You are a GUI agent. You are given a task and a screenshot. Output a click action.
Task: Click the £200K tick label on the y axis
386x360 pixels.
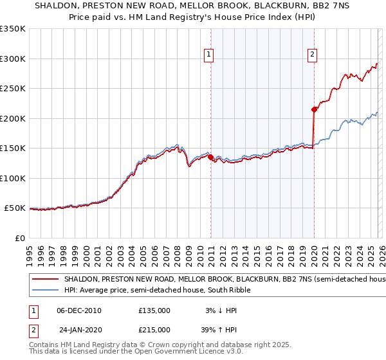point(13,118)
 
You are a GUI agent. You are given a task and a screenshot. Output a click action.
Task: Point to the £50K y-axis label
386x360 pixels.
point(15,208)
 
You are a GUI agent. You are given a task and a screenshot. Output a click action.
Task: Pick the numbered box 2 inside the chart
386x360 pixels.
point(312,55)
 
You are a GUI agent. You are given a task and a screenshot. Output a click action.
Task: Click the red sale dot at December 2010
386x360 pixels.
point(210,157)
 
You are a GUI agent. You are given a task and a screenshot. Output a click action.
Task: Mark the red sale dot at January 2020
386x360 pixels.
point(314,109)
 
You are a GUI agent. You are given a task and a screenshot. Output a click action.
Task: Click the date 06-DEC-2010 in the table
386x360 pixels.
point(79,310)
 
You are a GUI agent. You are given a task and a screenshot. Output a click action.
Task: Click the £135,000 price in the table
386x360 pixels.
point(154,310)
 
